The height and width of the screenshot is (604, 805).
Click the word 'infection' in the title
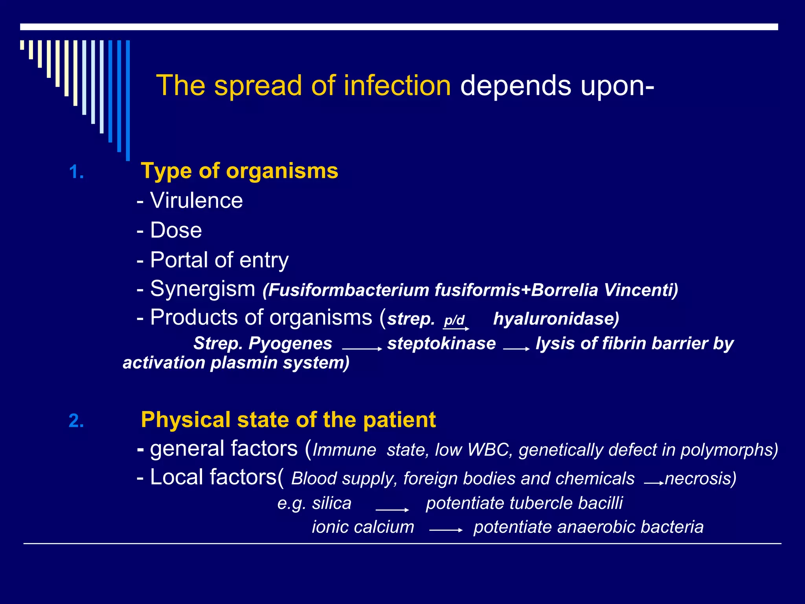pos(397,85)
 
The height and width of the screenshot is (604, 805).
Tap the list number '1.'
pos(76,172)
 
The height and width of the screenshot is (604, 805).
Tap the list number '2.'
pos(76,421)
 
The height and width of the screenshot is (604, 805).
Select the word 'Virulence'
pos(196,201)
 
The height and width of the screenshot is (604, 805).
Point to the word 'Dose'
pos(176,230)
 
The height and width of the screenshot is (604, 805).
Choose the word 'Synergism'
pos(202,289)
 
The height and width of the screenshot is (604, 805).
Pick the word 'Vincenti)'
pos(641,290)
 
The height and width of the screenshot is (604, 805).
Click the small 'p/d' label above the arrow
pos(454,320)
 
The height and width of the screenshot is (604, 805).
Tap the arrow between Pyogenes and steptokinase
pos(362,349)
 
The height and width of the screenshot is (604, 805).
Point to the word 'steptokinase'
pos(441,343)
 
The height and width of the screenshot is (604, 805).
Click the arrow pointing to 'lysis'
pos(516,349)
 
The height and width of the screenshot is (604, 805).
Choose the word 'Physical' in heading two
pos(185,420)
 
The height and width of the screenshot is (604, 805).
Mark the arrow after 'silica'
pos(392,510)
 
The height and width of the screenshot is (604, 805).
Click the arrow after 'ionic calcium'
pos(446,530)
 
